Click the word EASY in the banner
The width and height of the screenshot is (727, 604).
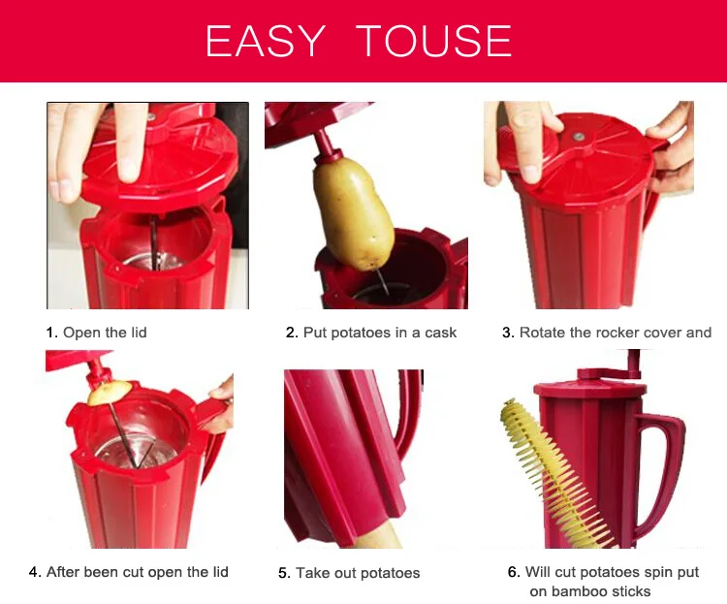pyautogui.click(x=265, y=41)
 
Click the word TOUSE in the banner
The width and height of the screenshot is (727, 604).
pyautogui.click(x=434, y=41)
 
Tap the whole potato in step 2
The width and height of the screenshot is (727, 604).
pyautogui.click(x=354, y=211)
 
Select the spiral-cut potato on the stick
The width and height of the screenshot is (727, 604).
pyautogui.click(x=556, y=473)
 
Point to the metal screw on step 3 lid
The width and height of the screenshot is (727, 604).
pyautogui.click(x=578, y=137)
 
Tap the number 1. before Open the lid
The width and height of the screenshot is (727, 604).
pyautogui.click(x=51, y=333)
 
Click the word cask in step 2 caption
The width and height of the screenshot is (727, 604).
pyautogui.click(x=440, y=333)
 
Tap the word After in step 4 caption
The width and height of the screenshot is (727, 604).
pyautogui.click(x=62, y=572)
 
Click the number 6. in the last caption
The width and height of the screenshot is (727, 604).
pyautogui.click(x=514, y=572)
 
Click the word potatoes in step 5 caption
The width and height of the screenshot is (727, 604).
pyautogui.click(x=390, y=573)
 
